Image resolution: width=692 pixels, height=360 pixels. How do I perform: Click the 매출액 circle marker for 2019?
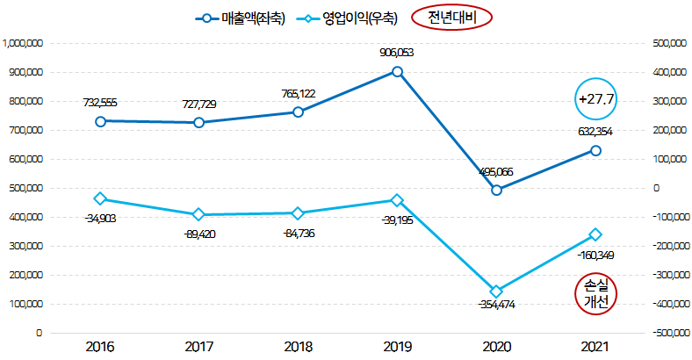(x=397, y=72)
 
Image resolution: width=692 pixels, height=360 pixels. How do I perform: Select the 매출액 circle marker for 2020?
(x=496, y=190)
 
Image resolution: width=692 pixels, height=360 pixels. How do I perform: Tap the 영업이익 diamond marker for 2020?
(x=496, y=292)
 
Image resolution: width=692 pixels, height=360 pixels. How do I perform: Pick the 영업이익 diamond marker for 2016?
(x=100, y=198)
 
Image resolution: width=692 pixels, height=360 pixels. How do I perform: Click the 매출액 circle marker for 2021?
(x=595, y=150)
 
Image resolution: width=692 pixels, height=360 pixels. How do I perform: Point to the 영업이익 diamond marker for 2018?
(x=298, y=213)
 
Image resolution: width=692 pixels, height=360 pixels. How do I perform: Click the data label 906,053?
(x=397, y=53)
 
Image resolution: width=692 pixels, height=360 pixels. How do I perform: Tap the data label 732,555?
(x=100, y=103)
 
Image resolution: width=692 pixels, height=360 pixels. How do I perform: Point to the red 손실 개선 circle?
(x=596, y=294)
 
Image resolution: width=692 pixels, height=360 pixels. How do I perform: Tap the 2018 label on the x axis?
(x=298, y=346)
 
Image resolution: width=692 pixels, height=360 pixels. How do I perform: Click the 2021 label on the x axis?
(x=595, y=346)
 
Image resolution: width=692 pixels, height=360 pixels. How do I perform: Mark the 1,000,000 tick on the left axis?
(x=23, y=42)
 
